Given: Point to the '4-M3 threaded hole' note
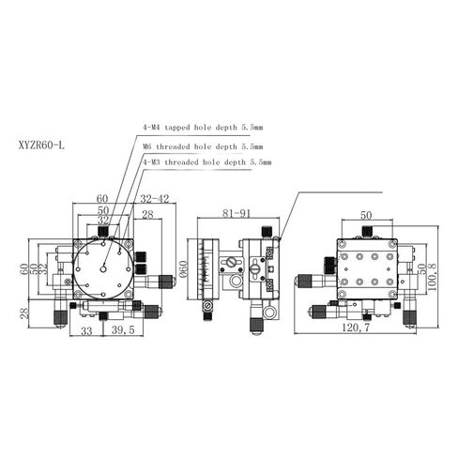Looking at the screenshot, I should (206, 162).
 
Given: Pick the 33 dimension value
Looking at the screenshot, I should (85, 330).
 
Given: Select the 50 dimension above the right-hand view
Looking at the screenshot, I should (367, 215).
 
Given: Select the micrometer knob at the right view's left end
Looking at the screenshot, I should (303, 281).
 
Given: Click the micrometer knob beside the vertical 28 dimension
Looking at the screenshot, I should (59, 316).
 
